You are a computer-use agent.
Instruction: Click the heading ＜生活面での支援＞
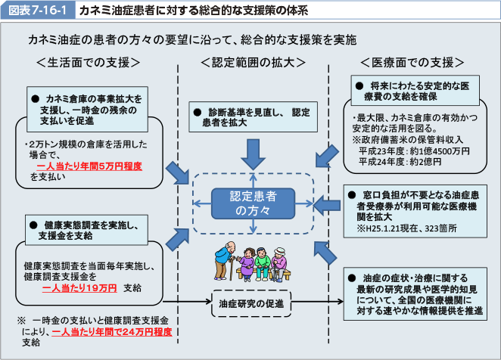88,61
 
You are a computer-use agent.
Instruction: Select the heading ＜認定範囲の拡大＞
253,61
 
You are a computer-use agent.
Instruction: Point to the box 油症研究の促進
253,303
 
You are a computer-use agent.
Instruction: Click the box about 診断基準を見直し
253,115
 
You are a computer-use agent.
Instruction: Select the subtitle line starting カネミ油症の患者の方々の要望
191,39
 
